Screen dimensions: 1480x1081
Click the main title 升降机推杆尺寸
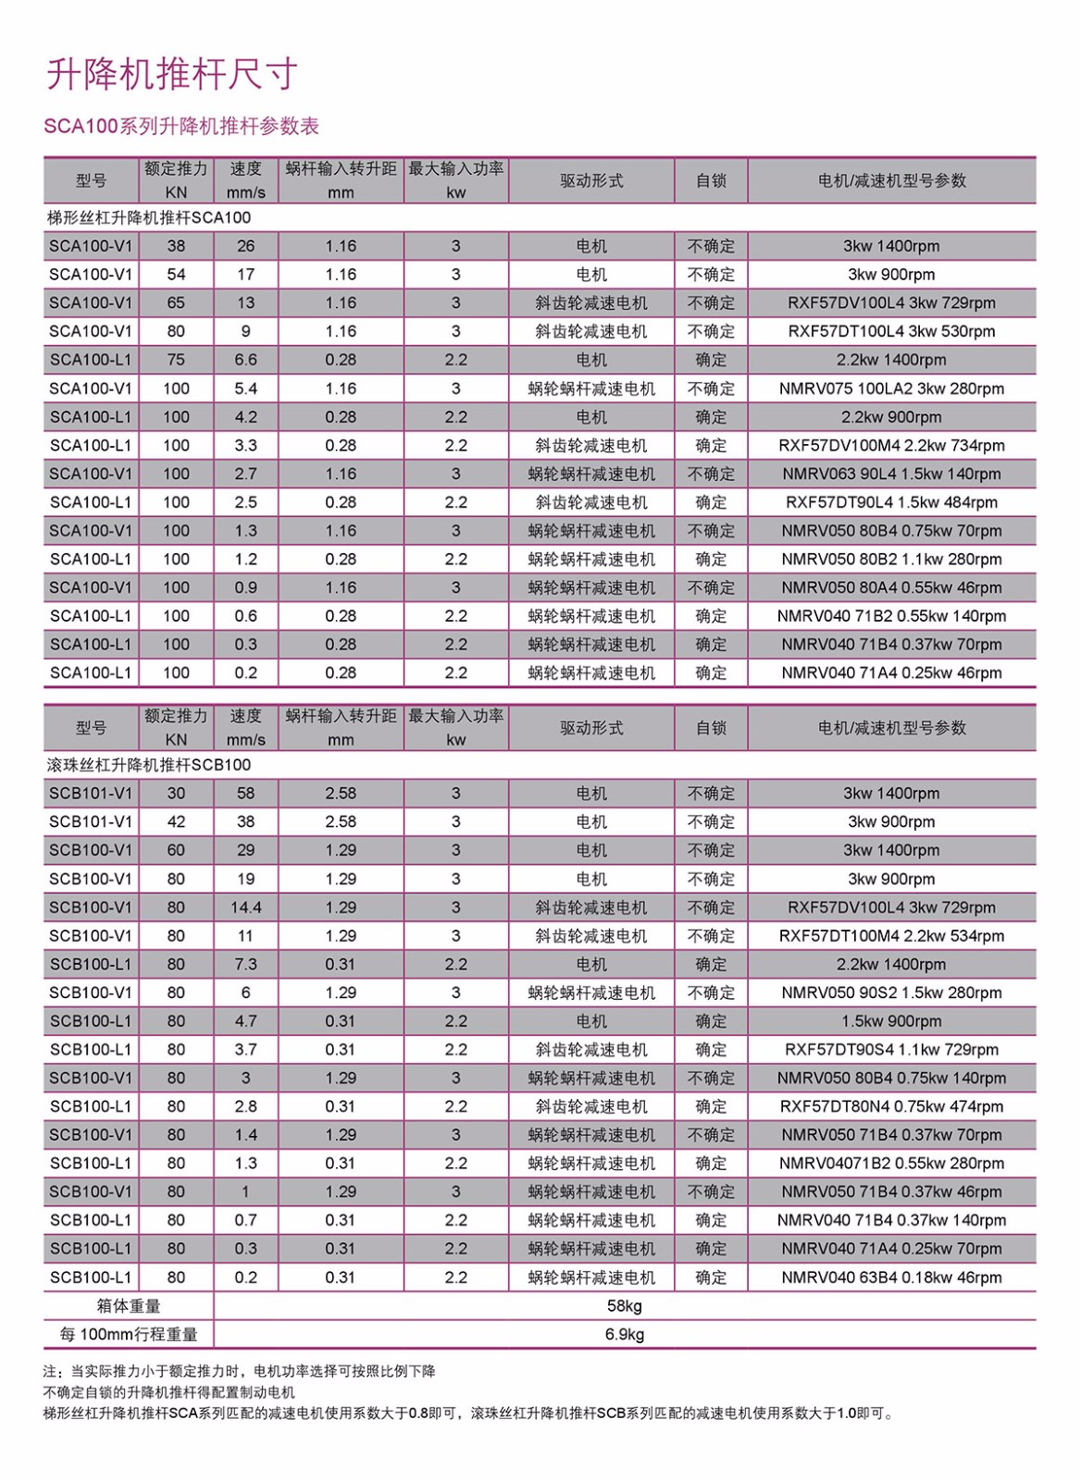tap(172, 74)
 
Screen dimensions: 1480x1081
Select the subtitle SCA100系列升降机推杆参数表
tap(181, 126)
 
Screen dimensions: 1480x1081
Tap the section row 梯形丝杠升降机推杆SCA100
tap(149, 218)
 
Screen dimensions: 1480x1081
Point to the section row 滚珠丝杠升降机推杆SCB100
tap(149, 765)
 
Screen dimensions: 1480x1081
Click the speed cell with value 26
tap(245, 246)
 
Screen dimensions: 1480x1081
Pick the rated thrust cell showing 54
tap(176, 275)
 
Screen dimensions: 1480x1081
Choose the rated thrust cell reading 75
tap(176, 360)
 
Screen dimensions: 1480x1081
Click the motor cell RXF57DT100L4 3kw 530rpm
tap(891, 331)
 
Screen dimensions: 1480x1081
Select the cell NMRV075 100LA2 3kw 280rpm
tap(891, 388)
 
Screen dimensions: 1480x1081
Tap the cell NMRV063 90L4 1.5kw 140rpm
tap(891, 474)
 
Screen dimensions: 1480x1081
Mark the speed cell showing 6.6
tap(245, 360)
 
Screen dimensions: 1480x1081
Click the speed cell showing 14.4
tap(245, 907)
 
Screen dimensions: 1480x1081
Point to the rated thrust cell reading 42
tap(176, 821)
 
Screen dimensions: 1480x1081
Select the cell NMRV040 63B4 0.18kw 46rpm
tap(891, 1277)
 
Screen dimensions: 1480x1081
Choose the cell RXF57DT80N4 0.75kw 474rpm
tap(891, 1106)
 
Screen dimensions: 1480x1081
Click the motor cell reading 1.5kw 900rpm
tap(891, 1021)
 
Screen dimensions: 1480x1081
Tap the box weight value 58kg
tap(625, 1306)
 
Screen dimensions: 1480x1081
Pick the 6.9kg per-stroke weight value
tap(625, 1334)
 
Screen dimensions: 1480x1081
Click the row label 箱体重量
tap(129, 1306)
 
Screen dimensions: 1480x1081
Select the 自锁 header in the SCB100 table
tap(711, 728)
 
